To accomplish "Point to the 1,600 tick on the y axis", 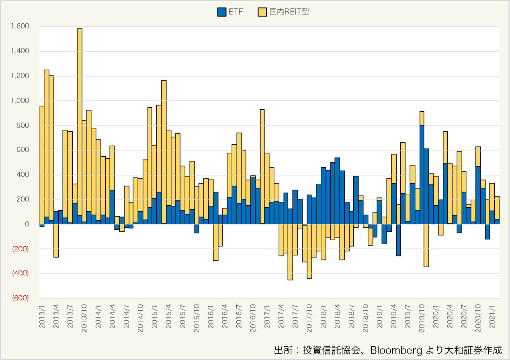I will click(21, 27).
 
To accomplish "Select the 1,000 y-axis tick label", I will click(21, 101).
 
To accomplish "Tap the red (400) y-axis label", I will click(20, 274).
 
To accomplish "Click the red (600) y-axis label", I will click(20, 299).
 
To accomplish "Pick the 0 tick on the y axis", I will click(27, 224).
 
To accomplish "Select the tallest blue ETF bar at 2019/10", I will click(422, 174).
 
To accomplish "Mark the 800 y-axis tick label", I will click(23, 125).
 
